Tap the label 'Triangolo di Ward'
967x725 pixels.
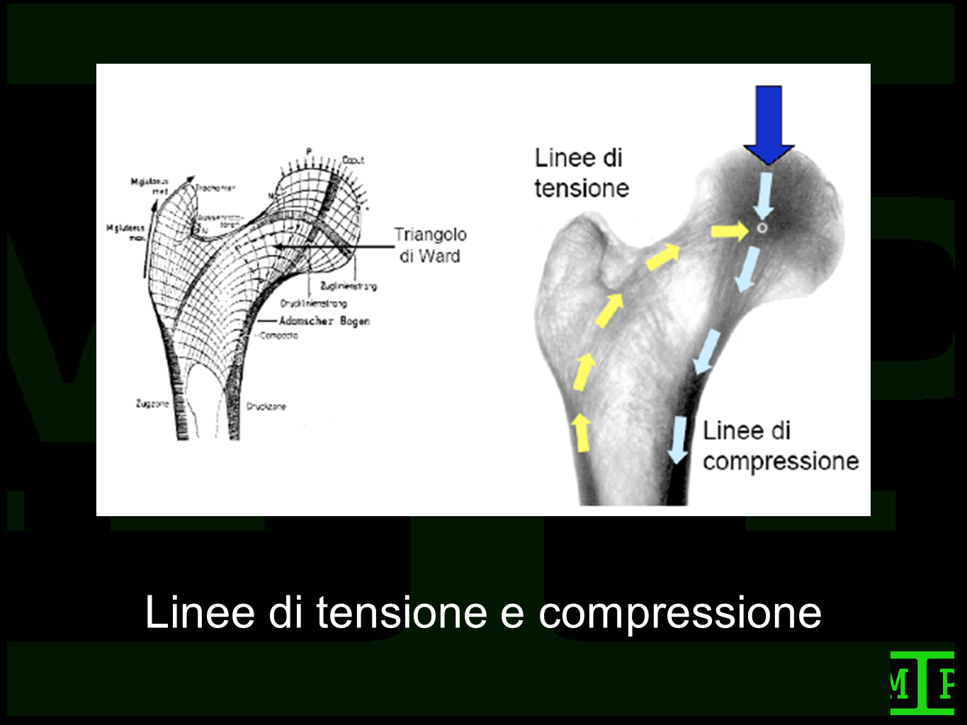point(430,245)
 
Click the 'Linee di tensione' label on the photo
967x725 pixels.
point(581,173)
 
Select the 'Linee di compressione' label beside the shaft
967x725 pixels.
point(780,446)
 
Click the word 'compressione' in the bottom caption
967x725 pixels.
point(680,613)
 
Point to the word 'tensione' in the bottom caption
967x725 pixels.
point(402,612)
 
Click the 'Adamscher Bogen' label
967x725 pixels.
point(324,321)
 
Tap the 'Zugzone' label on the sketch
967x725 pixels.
point(152,404)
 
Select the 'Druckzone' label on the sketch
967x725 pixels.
point(266,406)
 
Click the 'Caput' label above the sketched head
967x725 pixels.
point(353,160)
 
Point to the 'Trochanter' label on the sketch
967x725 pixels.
point(215,188)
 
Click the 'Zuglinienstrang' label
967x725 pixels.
point(349,286)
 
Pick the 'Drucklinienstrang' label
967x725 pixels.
point(314,304)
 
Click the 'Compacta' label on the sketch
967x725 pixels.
point(279,336)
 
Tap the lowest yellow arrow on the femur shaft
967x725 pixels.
point(582,433)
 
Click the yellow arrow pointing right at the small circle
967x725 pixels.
point(730,231)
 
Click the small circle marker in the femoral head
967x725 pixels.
point(762,228)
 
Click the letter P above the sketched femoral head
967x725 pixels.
point(308,151)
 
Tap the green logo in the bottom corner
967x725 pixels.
point(922,683)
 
